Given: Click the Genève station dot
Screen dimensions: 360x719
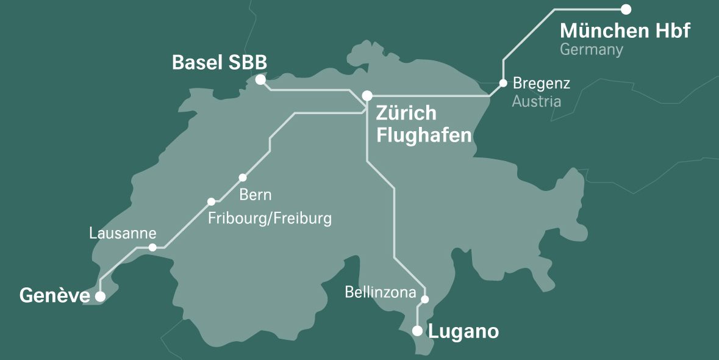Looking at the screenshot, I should tap(100, 297).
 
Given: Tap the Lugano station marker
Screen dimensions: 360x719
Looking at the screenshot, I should tap(417, 331).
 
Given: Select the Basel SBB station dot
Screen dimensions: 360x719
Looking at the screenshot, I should tap(260, 80).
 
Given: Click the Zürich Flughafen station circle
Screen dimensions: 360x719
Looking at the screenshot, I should tap(367, 96).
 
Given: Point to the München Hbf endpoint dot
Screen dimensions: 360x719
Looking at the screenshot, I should tap(626, 9).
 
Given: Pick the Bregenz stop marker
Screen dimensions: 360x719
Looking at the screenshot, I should tap(503, 83).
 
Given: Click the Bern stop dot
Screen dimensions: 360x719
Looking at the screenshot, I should tap(243, 178).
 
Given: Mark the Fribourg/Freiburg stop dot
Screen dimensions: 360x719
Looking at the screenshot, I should tap(211, 201).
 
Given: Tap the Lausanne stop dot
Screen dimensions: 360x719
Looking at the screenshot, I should tap(152, 247).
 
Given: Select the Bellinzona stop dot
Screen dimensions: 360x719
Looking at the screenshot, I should tap(425, 299).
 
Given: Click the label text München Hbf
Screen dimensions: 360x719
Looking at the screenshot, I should tap(624, 31).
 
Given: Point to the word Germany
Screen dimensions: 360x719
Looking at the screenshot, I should tap(592, 50).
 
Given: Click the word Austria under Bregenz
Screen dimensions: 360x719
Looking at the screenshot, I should tap(536, 101).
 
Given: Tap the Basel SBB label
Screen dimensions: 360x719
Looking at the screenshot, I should tap(220, 63).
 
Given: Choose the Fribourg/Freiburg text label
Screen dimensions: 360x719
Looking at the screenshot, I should tap(270, 218).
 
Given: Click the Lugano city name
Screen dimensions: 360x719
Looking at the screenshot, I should tap(463, 332).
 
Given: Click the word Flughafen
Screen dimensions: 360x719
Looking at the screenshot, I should tap(424, 135).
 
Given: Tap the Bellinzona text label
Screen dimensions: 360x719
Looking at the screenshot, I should tap(380, 292).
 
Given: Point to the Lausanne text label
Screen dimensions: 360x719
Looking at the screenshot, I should tap(123, 233).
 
